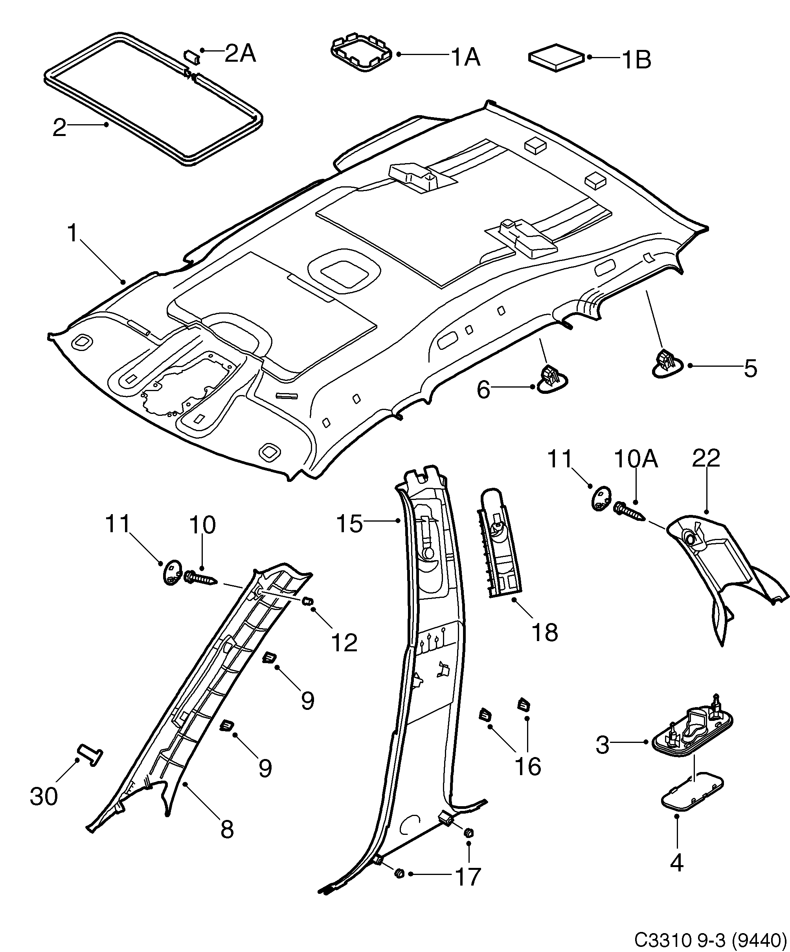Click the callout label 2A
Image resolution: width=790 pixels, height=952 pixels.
tap(240, 54)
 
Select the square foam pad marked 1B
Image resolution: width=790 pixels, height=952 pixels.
tap(557, 57)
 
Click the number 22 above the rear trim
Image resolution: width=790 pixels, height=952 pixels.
tap(706, 458)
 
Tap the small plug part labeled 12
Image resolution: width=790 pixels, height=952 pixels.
tap(308, 601)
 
